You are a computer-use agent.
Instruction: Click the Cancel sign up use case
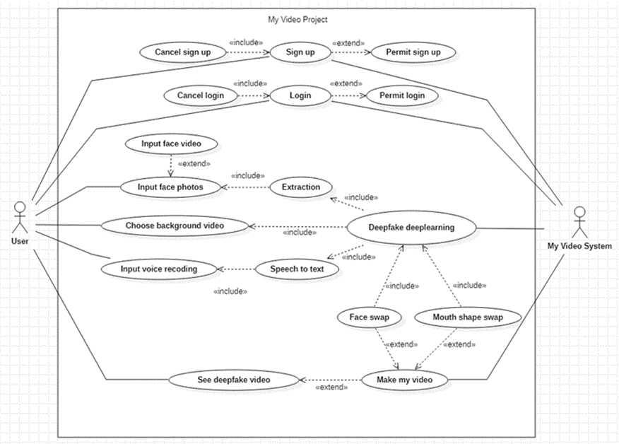tap(183, 52)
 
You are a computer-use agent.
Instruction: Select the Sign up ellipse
tap(300, 52)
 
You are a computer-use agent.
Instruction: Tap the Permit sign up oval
tap(413, 52)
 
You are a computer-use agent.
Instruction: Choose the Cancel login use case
tap(201, 95)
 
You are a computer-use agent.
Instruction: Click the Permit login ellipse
tap(402, 95)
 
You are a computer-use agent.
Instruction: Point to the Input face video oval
tap(171, 144)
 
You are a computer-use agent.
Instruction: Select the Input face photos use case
tap(170, 187)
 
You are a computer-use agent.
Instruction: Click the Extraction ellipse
tap(301, 187)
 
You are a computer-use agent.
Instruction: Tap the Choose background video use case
tap(175, 226)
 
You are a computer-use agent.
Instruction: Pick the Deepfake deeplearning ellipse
tap(411, 228)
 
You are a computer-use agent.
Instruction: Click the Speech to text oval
tap(297, 269)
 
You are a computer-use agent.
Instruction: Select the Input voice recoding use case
tap(159, 269)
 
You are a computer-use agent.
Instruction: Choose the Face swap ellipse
tap(370, 317)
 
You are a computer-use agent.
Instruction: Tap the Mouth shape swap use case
tap(468, 317)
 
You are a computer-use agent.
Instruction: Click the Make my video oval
tap(405, 380)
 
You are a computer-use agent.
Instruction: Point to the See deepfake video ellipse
tap(234, 380)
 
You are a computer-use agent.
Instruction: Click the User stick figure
tap(20, 218)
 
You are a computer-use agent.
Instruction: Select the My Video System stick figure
tap(579, 222)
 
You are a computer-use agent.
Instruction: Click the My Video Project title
tap(297, 19)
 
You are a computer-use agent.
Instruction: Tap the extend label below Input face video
tap(194, 163)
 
